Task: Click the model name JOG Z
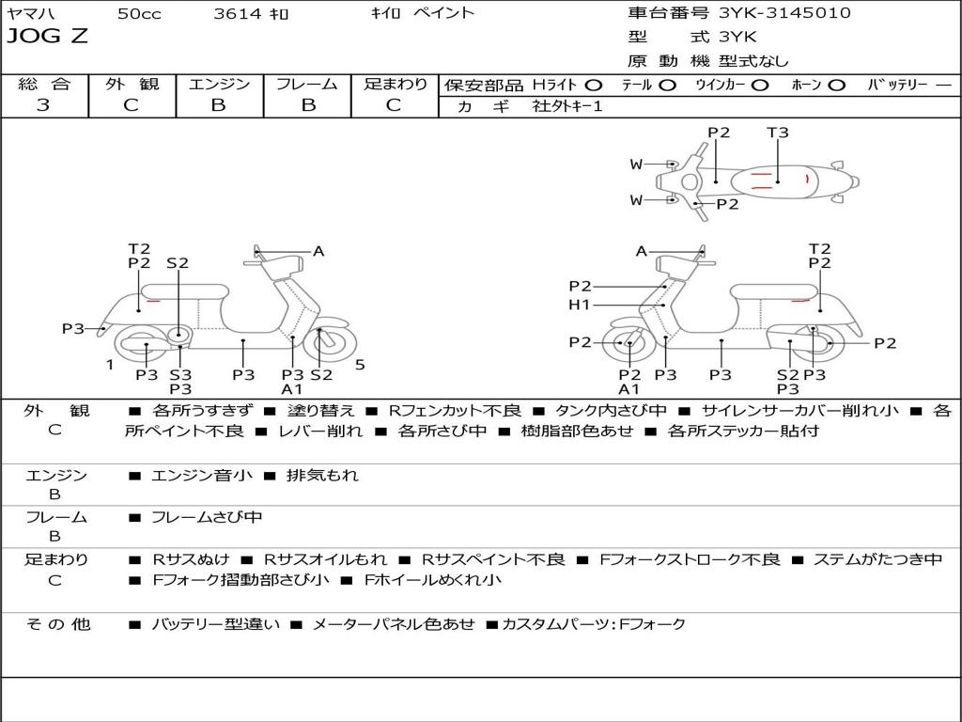pyautogui.click(x=48, y=37)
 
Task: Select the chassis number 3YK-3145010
pyautogui.click(x=784, y=13)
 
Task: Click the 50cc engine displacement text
pyautogui.click(x=138, y=14)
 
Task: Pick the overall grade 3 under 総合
pyautogui.click(x=43, y=105)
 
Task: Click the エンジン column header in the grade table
pyautogui.click(x=219, y=84)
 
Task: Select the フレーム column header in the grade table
pyautogui.click(x=306, y=84)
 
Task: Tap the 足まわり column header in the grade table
pyautogui.click(x=396, y=84)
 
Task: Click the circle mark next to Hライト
pyautogui.click(x=594, y=85)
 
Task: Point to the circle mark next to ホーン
pyautogui.click(x=837, y=85)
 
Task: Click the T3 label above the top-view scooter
pyautogui.click(x=778, y=133)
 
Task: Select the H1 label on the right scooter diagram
pyautogui.click(x=579, y=305)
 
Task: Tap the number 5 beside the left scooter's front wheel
pyautogui.click(x=360, y=365)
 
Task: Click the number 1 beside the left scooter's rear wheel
pyautogui.click(x=110, y=365)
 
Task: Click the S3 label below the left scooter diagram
pyautogui.click(x=180, y=374)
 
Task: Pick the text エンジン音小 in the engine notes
pyautogui.click(x=202, y=476)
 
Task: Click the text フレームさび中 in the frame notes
pyautogui.click(x=207, y=517)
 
